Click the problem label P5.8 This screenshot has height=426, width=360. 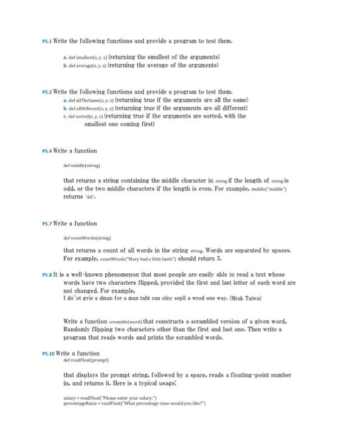pyautogui.click(x=47, y=275)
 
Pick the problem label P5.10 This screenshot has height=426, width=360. pyautogui.click(x=48, y=354)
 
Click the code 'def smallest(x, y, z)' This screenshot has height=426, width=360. pyautogui.click(x=90, y=57)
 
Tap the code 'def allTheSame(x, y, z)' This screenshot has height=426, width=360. pyautogui.click(x=92, y=99)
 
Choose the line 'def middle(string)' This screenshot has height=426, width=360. pyautogui.click(x=81, y=165)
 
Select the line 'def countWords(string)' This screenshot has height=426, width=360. pyautogui.click(x=86, y=238)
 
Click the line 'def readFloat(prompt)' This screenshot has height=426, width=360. pyautogui.click(x=85, y=360)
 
